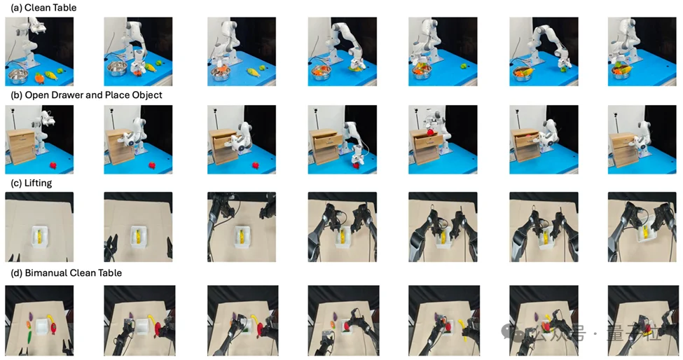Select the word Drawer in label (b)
pyautogui.click(x=69, y=95)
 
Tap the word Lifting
pyautogui.click(x=39, y=184)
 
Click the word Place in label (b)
pyautogui.click(x=116, y=95)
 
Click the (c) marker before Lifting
pyautogui.click(x=16, y=184)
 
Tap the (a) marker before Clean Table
pyautogui.click(x=16, y=8)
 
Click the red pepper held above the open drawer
pyautogui.click(x=430, y=132)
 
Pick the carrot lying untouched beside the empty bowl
pyautogui.click(x=39, y=78)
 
